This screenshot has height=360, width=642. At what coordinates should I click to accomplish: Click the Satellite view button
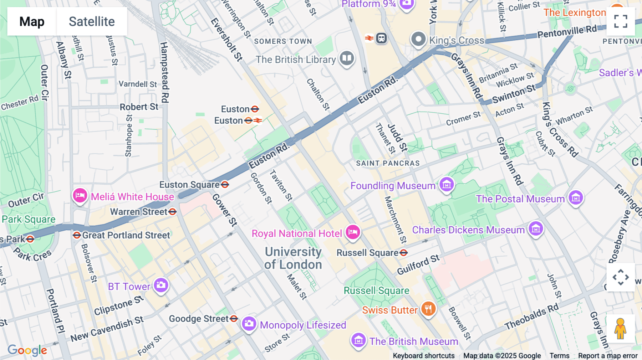tap(92, 21)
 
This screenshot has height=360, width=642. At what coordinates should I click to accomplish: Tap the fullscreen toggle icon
tap(621, 21)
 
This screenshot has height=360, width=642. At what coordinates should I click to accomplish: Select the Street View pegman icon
tap(621, 329)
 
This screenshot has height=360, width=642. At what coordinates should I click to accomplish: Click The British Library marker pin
tap(347, 58)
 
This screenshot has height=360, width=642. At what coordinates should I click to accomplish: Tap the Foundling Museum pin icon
tap(447, 185)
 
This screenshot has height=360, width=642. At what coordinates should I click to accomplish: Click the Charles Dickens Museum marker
tap(536, 229)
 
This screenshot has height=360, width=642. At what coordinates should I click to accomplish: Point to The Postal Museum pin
tap(576, 197)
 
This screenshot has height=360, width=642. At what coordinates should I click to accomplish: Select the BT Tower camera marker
tap(161, 285)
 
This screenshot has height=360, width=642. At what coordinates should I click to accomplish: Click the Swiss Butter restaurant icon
tap(428, 309)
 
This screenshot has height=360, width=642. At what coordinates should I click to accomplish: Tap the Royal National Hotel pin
tap(353, 232)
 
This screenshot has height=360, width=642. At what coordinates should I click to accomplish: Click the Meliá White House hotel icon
tap(80, 195)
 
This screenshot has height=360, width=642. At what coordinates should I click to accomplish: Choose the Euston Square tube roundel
tap(225, 185)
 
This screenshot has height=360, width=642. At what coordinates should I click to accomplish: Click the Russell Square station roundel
tap(403, 253)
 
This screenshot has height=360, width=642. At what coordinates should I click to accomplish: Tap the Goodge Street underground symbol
tap(234, 318)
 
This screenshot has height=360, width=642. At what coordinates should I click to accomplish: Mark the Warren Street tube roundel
tap(173, 212)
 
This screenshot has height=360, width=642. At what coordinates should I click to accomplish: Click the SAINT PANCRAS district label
tap(388, 163)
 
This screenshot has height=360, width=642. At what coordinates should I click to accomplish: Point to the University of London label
tap(293, 258)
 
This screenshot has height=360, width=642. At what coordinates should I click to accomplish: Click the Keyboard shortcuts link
tap(423, 356)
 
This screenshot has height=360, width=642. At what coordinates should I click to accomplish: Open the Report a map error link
tap(608, 356)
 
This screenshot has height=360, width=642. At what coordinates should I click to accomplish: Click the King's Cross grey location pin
tap(418, 39)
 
